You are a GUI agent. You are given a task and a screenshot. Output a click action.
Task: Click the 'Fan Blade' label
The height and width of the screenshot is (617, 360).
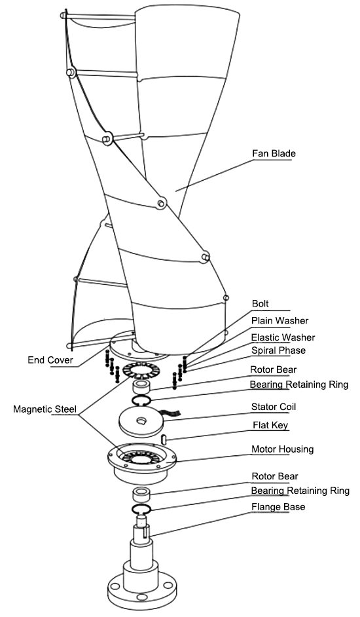pyautogui.click(x=274, y=153)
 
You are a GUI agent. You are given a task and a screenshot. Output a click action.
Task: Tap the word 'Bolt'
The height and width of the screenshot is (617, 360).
pyautogui.click(x=260, y=303)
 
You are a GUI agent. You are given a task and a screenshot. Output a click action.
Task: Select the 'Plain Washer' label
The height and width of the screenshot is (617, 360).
pyautogui.click(x=279, y=321)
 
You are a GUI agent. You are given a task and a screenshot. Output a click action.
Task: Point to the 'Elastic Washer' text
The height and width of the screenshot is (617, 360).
pyautogui.click(x=283, y=337)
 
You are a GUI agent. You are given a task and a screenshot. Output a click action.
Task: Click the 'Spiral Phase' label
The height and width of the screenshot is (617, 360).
pyautogui.click(x=278, y=350)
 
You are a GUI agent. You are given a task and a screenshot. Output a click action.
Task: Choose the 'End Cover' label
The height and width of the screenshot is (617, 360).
pyautogui.click(x=50, y=360)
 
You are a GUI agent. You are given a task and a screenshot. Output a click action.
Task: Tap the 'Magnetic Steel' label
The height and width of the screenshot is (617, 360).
pyautogui.click(x=45, y=409)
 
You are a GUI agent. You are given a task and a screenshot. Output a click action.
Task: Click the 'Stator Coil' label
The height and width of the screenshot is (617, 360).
pyautogui.click(x=274, y=407)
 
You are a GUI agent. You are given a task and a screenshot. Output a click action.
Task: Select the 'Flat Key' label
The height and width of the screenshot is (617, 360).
pyautogui.click(x=270, y=425)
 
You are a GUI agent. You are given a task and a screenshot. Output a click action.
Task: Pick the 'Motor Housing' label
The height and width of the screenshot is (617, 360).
pyautogui.click(x=283, y=449)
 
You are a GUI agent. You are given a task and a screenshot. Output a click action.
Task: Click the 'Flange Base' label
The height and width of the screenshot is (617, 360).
pyautogui.click(x=278, y=506)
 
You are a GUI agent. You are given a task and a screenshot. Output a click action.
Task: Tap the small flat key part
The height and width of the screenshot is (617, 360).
pyautogui.click(x=164, y=438)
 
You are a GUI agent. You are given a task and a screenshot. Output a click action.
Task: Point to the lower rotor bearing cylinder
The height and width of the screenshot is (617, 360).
pyautogui.click(x=141, y=495)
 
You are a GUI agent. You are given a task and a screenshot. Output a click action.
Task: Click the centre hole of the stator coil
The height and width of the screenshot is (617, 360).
pyautogui.click(x=141, y=421)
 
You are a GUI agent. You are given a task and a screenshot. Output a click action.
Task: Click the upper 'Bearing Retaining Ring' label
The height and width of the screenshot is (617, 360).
pyautogui.click(x=299, y=384)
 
